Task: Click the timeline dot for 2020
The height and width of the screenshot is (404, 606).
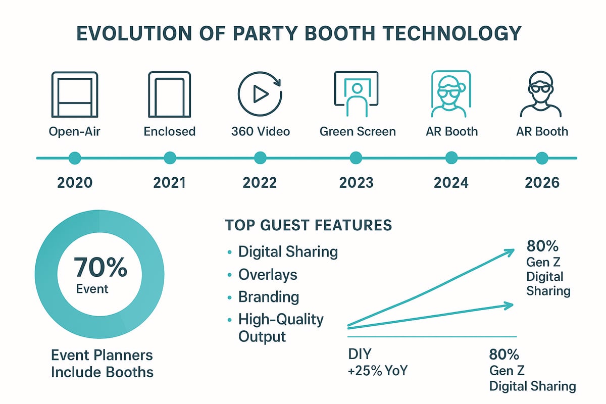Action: [x=75, y=158]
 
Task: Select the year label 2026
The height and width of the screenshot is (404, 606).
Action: [x=541, y=182]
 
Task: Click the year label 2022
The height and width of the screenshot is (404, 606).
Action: [x=260, y=182]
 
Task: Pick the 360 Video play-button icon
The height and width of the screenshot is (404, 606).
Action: [x=260, y=94]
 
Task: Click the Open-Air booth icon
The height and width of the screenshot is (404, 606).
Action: [x=75, y=95]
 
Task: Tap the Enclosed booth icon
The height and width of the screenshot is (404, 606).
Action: [x=169, y=95]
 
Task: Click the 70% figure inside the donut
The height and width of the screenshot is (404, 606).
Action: [x=100, y=268]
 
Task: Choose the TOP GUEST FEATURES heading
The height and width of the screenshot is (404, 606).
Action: [x=308, y=225]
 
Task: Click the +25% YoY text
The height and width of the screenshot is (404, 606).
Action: [x=378, y=372]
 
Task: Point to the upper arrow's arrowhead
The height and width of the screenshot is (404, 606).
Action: [x=511, y=250]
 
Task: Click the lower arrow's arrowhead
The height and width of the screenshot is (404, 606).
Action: [x=510, y=304]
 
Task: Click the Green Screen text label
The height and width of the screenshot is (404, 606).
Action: [x=358, y=132]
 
